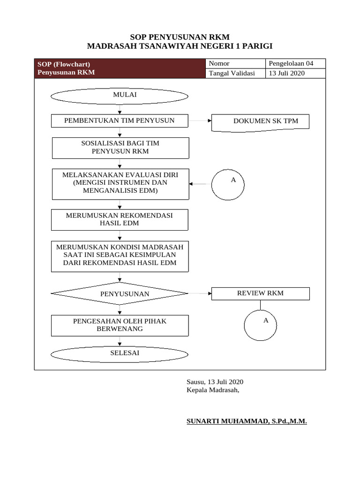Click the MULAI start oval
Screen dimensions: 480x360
(x=120, y=96)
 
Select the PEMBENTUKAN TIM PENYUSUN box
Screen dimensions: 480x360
(x=120, y=121)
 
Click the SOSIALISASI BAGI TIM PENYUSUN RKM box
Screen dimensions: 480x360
(x=120, y=148)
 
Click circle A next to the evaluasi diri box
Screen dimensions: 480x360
(x=228, y=184)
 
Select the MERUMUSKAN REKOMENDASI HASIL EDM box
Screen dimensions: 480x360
(x=120, y=219)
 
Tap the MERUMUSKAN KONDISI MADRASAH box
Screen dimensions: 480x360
(x=120, y=256)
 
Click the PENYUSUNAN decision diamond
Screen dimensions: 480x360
(x=120, y=294)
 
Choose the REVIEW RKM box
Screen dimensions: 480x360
(x=261, y=293)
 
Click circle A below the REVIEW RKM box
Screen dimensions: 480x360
(x=261, y=324)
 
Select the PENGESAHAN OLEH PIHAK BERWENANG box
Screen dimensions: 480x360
(x=120, y=325)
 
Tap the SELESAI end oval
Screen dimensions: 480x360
(x=120, y=354)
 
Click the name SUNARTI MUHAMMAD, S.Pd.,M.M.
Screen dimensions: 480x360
(x=247, y=421)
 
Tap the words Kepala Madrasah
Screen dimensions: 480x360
(x=213, y=390)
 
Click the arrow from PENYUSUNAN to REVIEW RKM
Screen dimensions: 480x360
(x=200, y=293)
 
